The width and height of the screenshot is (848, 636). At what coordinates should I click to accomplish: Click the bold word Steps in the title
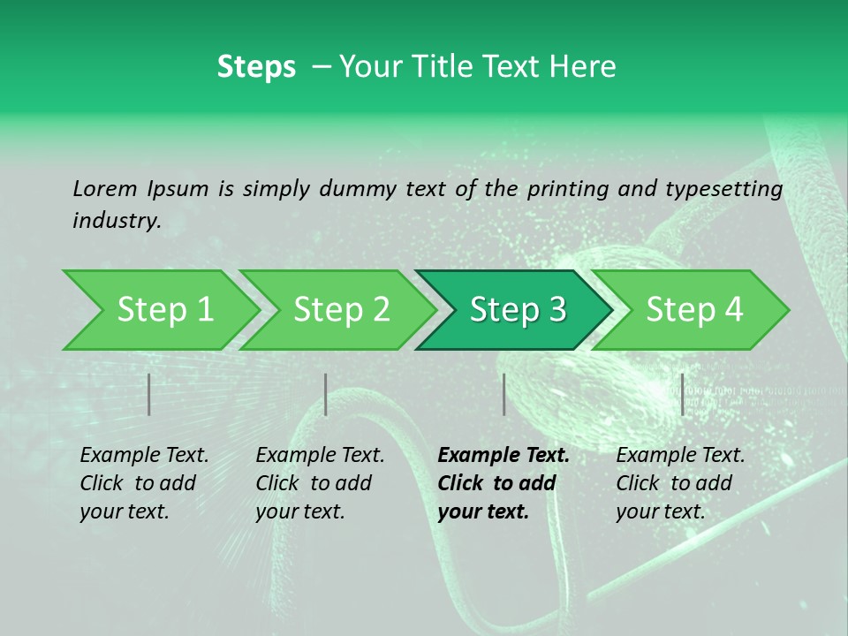click(256, 67)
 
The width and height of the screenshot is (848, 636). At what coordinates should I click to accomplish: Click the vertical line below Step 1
click(149, 394)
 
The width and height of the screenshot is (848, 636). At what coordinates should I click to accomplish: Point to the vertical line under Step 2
click(326, 394)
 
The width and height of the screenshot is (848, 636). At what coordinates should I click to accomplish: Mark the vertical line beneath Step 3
click(503, 394)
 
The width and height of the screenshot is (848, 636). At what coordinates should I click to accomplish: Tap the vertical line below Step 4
click(682, 394)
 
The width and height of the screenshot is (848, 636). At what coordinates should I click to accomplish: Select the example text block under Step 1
click(145, 483)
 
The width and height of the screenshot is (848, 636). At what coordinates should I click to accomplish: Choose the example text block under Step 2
click(321, 483)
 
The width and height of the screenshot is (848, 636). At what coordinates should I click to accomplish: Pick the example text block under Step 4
click(680, 483)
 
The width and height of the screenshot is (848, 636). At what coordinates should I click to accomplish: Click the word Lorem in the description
click(105, 188)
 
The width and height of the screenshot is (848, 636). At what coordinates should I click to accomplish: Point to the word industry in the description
click(117, 221)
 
